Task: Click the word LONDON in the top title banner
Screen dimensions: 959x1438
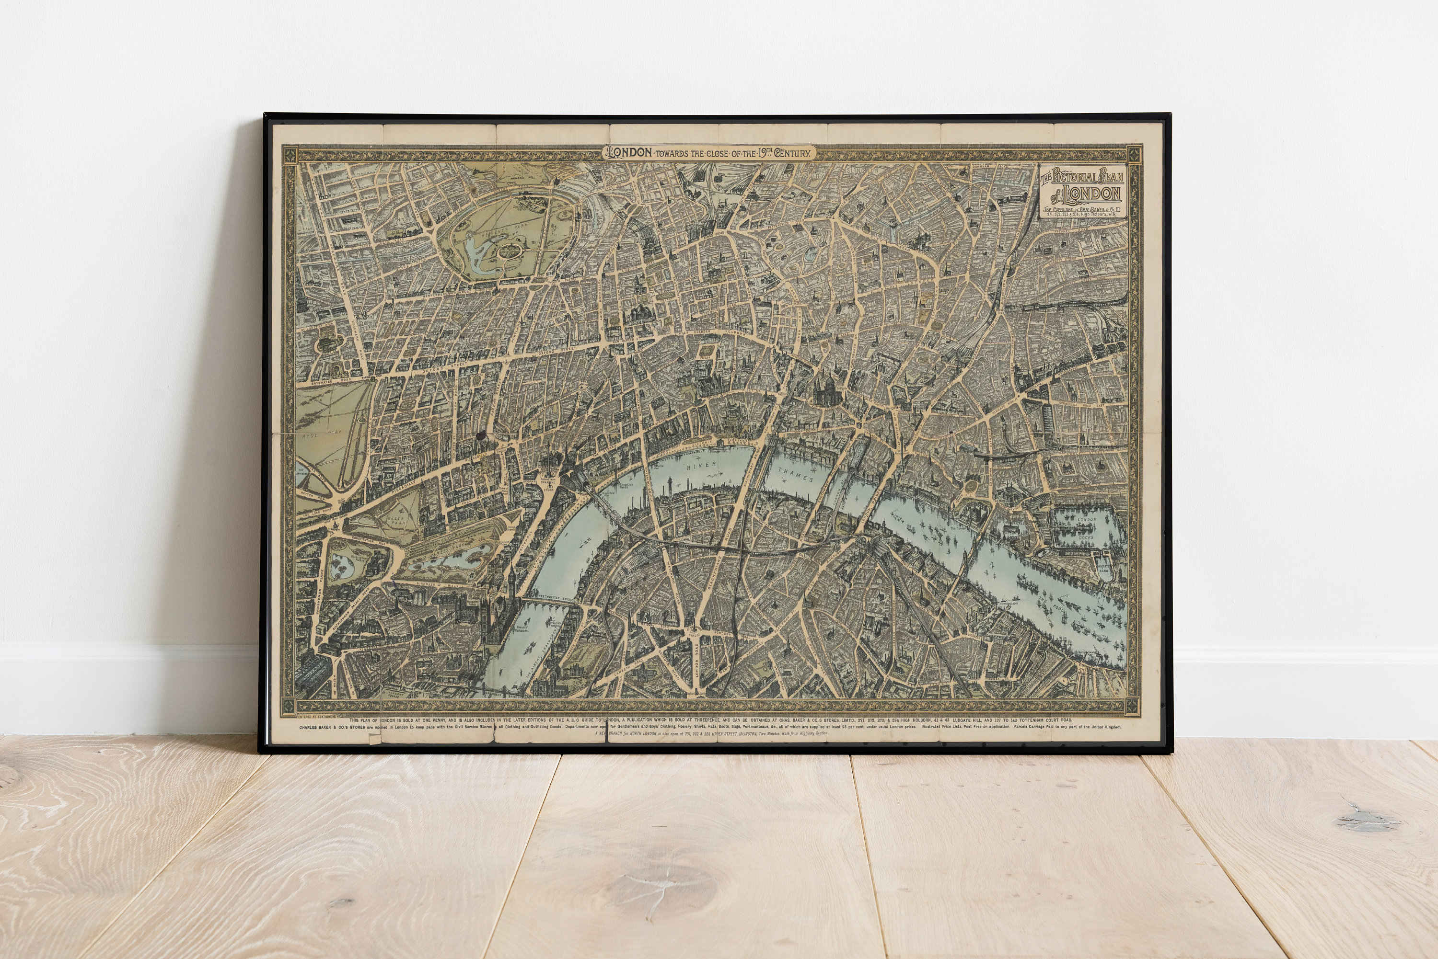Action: click(628, 153)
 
